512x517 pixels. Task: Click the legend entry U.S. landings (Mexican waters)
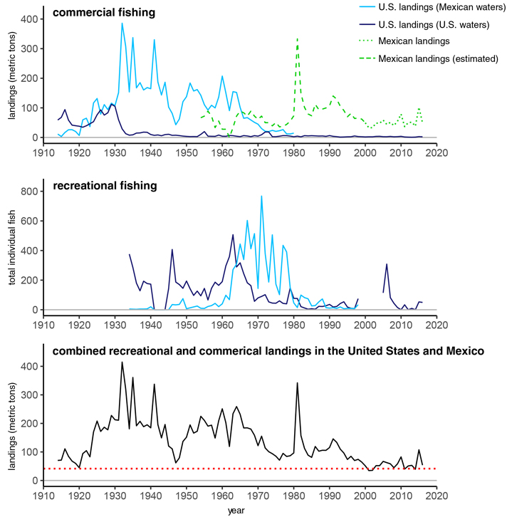(x=432, y=7)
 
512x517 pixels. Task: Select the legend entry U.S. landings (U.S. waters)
(x=424, y=25)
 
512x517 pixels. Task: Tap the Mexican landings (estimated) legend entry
(x=428, y=58)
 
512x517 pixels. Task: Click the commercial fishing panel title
(x=104, y=13)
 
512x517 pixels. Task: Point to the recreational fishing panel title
(x=105, y=186)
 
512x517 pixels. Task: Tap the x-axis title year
(x=236, y=511)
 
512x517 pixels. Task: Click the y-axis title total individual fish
(x=12, y=247)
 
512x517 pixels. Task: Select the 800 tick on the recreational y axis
(x=29, y=192)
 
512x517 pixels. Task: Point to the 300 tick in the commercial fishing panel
(x=29, y=49)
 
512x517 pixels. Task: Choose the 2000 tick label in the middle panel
(x=365, y=325)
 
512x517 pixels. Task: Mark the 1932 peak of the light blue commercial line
(x=122, y=23)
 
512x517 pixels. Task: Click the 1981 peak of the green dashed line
(x=298, y=38)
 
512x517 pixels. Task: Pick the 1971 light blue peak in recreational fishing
(x=261, y=196)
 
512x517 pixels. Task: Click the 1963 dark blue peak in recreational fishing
(x=233, y=235)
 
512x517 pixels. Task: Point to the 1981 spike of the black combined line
(x=298, y=383)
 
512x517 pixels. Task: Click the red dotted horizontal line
(x=240, y=469)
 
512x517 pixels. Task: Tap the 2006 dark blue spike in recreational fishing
(x=387, y=264)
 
